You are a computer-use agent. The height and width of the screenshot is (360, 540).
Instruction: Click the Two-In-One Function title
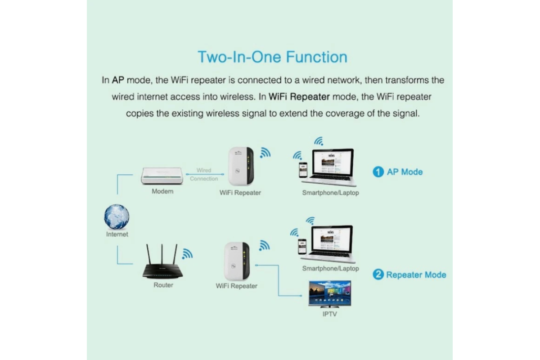pos(272,57)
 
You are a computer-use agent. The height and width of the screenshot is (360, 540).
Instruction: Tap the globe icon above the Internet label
pos(117,217)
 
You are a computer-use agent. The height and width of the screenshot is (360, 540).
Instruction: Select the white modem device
pos(162,176)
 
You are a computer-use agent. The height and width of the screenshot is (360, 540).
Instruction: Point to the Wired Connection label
pos(204,174)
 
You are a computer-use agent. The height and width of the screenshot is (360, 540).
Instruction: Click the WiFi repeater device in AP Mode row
pos(241,166)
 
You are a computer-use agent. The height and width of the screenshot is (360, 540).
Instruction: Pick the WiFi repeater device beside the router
pos(237,261)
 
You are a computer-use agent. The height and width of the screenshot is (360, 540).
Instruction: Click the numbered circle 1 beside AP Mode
pos(378,172)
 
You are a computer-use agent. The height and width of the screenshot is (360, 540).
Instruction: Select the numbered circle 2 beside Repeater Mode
pos(378,274)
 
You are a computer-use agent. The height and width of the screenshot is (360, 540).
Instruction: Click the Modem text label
pos(162,191)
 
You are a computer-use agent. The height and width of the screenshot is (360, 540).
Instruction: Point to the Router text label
pos(163,285)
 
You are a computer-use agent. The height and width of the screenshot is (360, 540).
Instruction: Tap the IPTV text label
pos(329,314)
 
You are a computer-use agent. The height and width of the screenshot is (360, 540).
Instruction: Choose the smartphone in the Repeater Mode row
pos(302,247)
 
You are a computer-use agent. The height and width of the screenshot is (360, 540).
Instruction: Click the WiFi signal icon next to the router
pos(187,254)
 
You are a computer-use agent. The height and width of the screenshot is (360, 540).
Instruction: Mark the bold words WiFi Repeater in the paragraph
pos(299,97)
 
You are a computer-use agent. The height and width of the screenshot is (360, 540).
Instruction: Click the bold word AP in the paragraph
pos(118,80)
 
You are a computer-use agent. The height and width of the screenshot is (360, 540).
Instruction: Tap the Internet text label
pos(117,234)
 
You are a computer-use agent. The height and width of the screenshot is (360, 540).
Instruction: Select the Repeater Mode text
pos(416,275)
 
